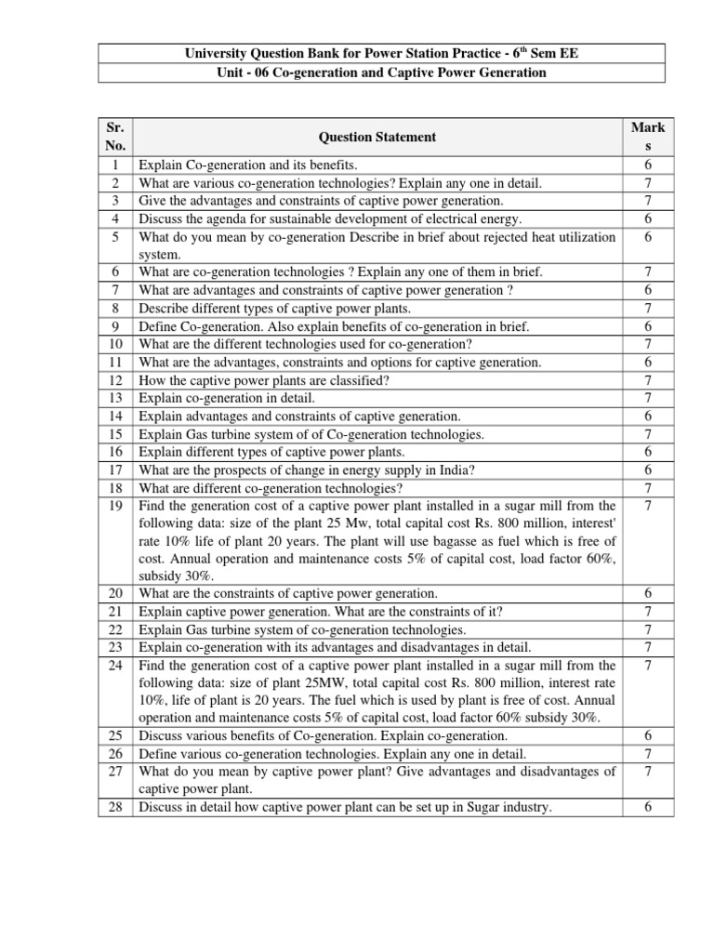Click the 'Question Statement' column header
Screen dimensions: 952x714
pyautogui.click(x=377, y=137)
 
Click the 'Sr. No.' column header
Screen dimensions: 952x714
pyautogui.click(x=116, y=137)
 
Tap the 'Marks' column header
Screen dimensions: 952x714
pyautogui.click(x=647, y=137)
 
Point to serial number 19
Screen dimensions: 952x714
pyautogui.click(x=116, y=506)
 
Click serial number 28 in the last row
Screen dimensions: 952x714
pyautogui.click(x=116, y=808)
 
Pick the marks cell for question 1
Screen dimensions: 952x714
pyautogui.click(x=647, y=165)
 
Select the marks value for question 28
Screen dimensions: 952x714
pyautogui.click(x=647, y=808)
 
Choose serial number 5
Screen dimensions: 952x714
pyautogui.click(x=116, y=237)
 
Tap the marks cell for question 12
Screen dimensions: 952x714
pyautogui.click(x=647, y=380)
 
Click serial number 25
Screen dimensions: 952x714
pyautogui.click(x=116, y=735)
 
